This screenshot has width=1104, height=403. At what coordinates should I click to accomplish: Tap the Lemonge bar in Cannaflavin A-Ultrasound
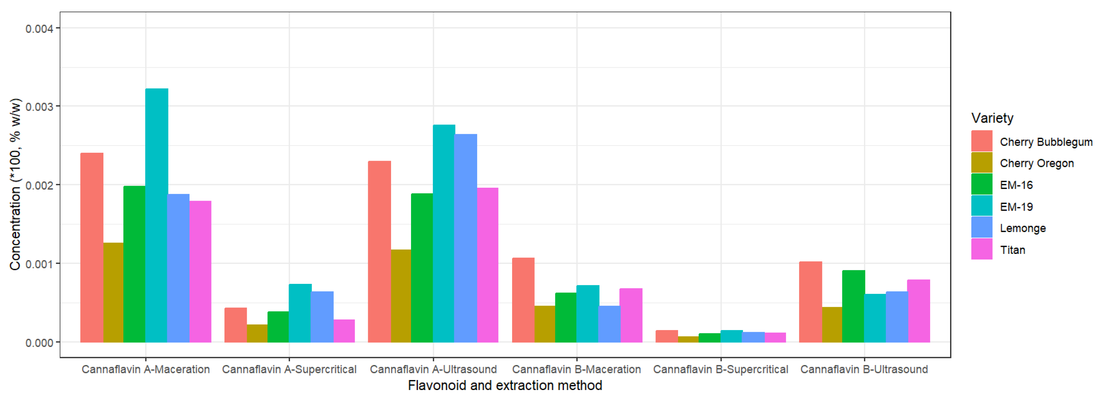(466, 238)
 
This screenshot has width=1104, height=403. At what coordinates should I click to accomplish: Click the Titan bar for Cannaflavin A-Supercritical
(344, 331)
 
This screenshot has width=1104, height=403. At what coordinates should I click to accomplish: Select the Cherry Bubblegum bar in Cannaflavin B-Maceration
(523, 300)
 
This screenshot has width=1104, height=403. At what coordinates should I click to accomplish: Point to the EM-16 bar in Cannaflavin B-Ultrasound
(853, 306)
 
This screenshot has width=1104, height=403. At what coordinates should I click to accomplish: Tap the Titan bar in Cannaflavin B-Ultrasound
(918, 311)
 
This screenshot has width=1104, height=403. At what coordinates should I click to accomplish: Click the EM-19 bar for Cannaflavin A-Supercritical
(300, 313)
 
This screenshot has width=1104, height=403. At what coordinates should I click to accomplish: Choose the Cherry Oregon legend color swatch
(981, 163)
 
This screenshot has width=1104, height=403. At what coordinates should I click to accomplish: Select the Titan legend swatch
(981, 249)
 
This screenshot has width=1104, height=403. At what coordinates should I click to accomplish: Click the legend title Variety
(992, 118)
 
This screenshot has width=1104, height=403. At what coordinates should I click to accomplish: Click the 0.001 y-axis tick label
(40, 264)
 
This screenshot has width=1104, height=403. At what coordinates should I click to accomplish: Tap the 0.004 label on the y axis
(40, 29)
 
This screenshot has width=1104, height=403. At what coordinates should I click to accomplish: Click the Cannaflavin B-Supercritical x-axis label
(721, 369)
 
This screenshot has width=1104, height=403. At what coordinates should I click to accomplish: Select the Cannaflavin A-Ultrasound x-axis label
(433, 369)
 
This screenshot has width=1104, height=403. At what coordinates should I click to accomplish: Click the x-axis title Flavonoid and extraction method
(505, 385)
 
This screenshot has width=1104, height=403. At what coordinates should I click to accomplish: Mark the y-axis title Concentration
(15, 184)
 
